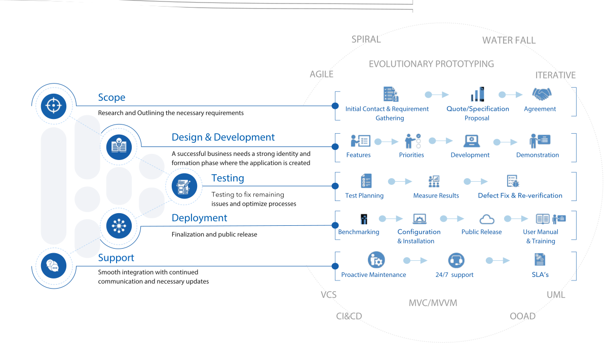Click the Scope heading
coord(111,98)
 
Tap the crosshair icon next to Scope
coord(53,105)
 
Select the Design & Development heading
coord(223,137)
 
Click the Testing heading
coord(227,178)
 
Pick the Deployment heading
coord(199,218)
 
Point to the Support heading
coord(116,258)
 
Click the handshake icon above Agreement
coord(541,94)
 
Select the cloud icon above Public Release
coord(486,219)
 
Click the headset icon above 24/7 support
coord(455,260)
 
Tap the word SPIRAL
coord(366,39)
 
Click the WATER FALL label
coord(509,41)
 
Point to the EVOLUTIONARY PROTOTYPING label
coord(431,64)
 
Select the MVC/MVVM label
coord(433,303)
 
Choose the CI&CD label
coord(349,316)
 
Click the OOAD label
coord(522,316)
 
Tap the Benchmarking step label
coord(359,232)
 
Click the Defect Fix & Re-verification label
coord(520,195)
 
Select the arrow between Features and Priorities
coord(387,142)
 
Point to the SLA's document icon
coord(540,260)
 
